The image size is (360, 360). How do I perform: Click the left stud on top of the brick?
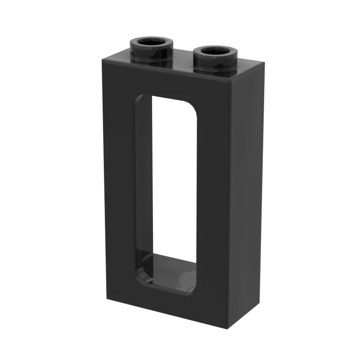point(152,49)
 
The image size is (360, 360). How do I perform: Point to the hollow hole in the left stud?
point(152,42)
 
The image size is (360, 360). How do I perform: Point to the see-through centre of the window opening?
point(173,180)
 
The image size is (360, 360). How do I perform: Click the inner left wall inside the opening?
point(144,180)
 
